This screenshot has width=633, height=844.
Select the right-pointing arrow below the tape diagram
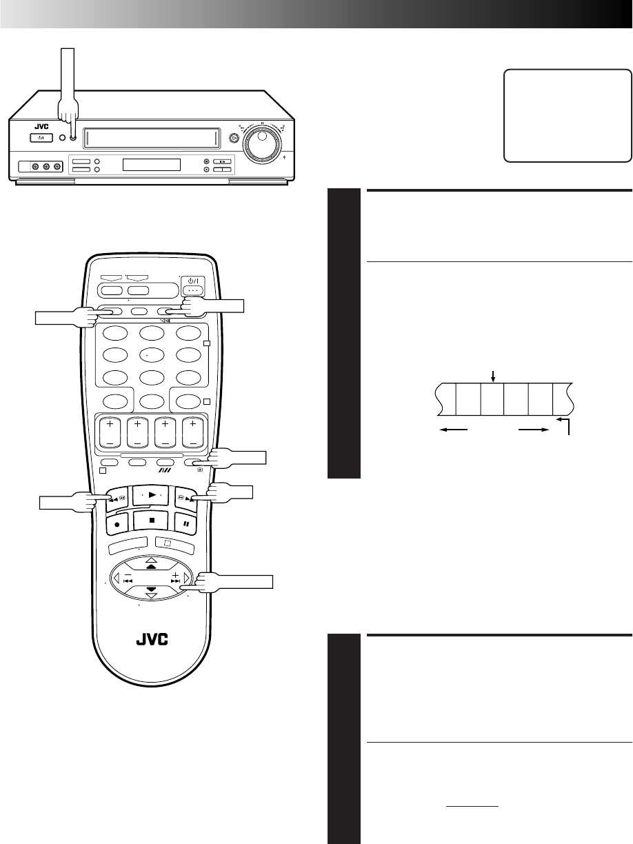533,430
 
